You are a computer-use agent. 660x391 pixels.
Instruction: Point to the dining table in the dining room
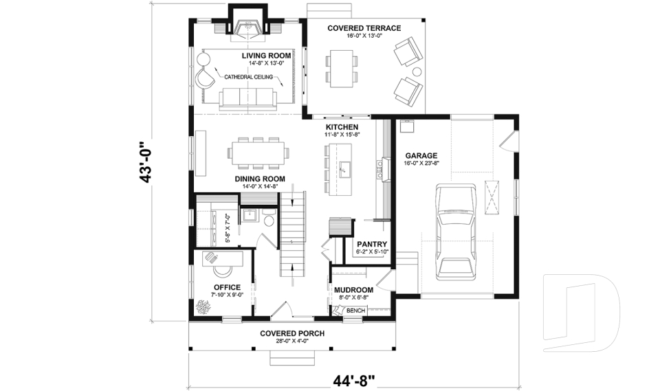[x=258, y=153]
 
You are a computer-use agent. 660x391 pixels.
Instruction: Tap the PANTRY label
[x=372, y=244]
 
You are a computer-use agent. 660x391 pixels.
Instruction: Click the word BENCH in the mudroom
[x=355, y=311]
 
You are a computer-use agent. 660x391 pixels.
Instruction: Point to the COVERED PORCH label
[x=292, y=333]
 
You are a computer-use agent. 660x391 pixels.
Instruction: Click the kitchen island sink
[x=345, y=167]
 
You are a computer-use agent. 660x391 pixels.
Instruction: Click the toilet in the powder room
[x=269, y=219]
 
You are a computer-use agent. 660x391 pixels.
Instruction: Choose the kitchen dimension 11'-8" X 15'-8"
[x=342, y=135]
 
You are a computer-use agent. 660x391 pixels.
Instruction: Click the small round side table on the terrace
[x=417, y=71]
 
